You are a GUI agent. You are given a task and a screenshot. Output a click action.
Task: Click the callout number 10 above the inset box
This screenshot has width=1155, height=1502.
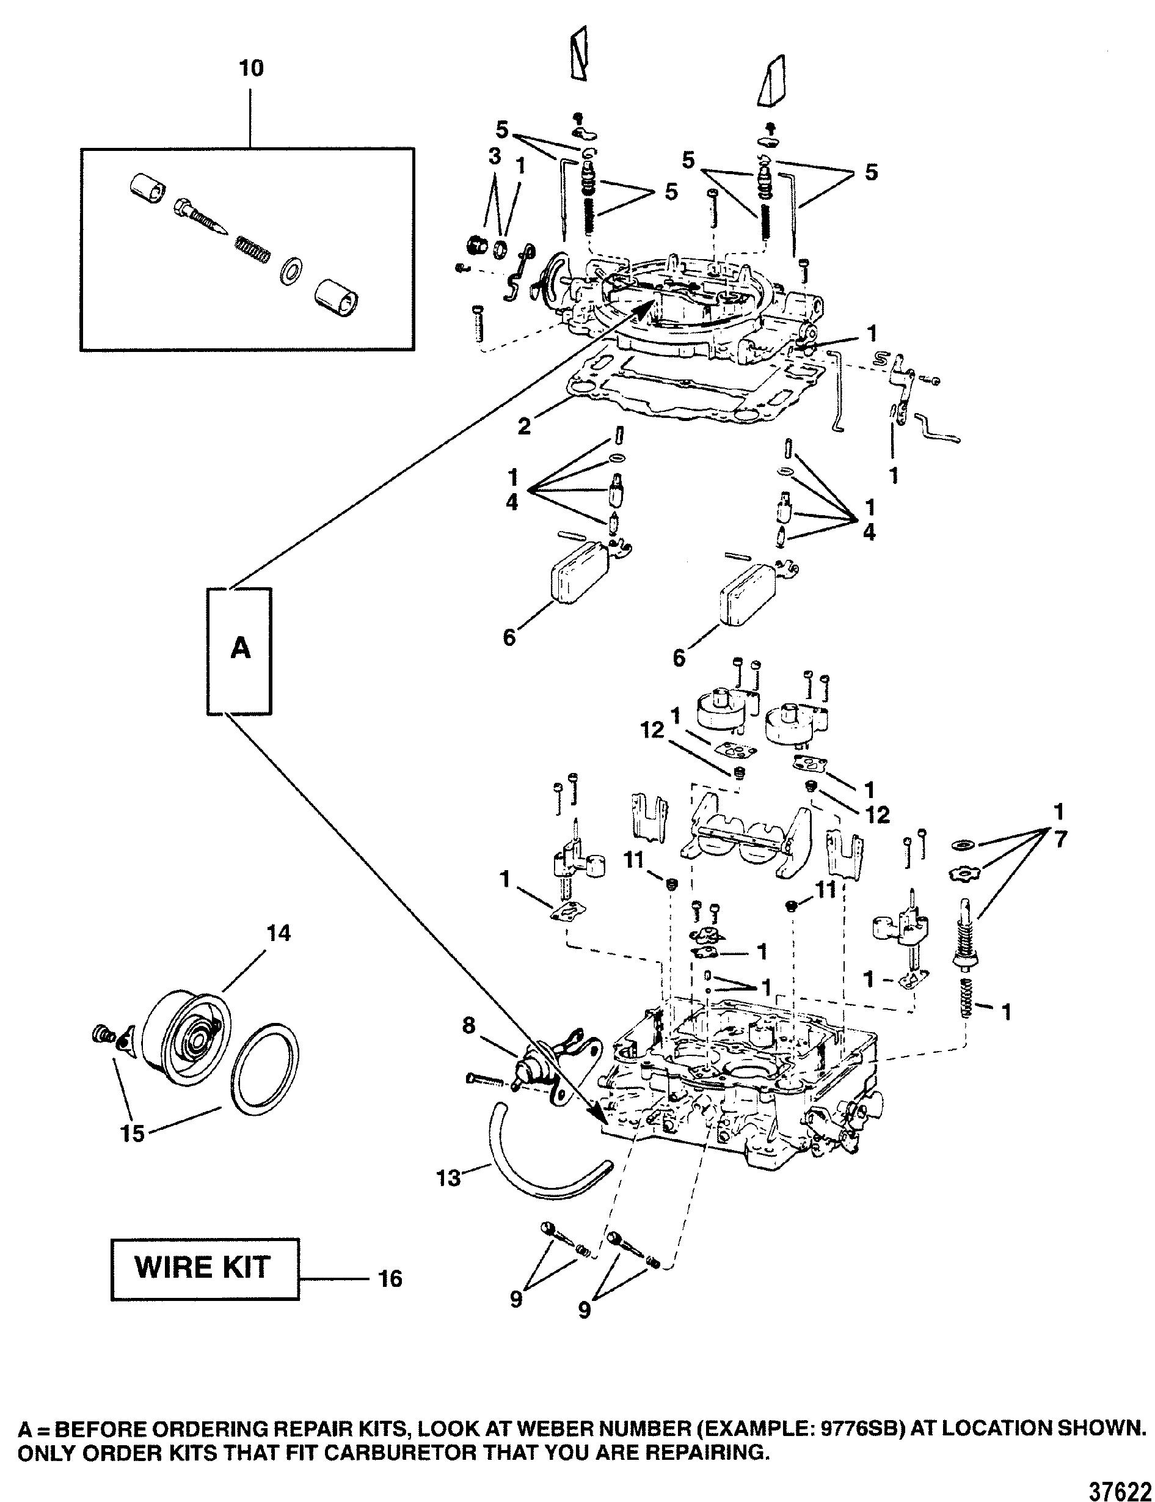[x=252, y=69]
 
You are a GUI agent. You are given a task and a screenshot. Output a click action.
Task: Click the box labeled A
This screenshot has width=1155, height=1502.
[x=240, y=651]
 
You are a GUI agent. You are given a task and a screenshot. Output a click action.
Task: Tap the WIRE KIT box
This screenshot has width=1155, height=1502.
[x=204, y=1268]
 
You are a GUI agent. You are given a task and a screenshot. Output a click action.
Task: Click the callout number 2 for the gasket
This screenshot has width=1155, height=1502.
[x=524, y=427]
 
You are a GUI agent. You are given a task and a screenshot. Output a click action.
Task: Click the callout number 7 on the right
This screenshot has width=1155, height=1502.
[x=1060, y=840]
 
